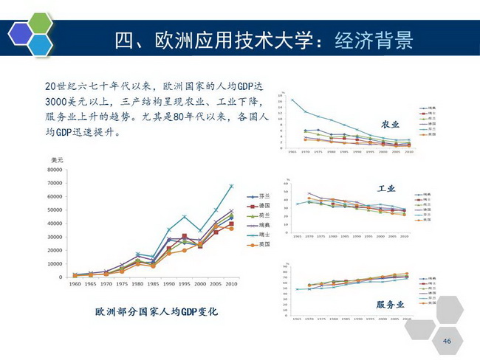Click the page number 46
tap(446, 341)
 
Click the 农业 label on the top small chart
tap(390, 124)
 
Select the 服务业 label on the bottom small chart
tap(391, 303)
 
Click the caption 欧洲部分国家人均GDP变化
tap(157, 312)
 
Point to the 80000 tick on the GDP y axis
tap(55, 170)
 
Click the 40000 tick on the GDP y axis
tap(55, 224)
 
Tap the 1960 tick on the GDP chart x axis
tap(74, 283)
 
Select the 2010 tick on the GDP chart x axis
tap(231, 283)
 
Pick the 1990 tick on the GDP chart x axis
tap(168, 283)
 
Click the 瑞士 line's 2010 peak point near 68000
tap(231, 186)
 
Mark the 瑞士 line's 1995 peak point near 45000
tap(185, 216)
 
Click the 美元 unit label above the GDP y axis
tap(56, 160)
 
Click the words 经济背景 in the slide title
tap(373, 39)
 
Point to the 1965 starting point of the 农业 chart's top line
tap(292, 100)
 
